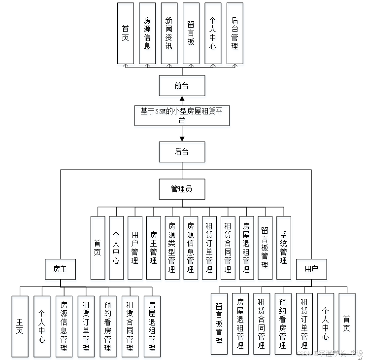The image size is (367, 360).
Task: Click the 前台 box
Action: (182, 86)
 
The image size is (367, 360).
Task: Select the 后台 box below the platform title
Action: (182, 152)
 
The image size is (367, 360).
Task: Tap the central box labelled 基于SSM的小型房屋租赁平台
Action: (182, 115)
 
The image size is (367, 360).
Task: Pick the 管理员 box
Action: (182, 189)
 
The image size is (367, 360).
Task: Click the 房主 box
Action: (60, 269)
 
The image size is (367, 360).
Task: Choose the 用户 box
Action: (311, 269)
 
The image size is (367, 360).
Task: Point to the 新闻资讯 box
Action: (169, 33)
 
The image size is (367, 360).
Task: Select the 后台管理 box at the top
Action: (234, 33)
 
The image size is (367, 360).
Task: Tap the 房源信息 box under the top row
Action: (147, 33)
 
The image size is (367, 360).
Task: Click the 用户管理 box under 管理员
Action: (135, 248)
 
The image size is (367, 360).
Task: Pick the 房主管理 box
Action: (154, 248)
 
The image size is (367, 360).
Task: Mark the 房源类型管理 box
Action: (172, 248)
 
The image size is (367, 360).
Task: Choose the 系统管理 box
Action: (283, 248)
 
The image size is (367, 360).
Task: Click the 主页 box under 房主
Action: (20, 326)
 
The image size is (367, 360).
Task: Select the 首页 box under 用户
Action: (347, 323)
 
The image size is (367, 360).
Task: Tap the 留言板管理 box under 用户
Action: (219, 323)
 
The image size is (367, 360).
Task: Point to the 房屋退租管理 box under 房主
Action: (152, 326)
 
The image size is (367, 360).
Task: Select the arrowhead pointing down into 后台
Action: (182, 139)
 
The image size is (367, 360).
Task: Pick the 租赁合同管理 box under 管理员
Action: (228, 248)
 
